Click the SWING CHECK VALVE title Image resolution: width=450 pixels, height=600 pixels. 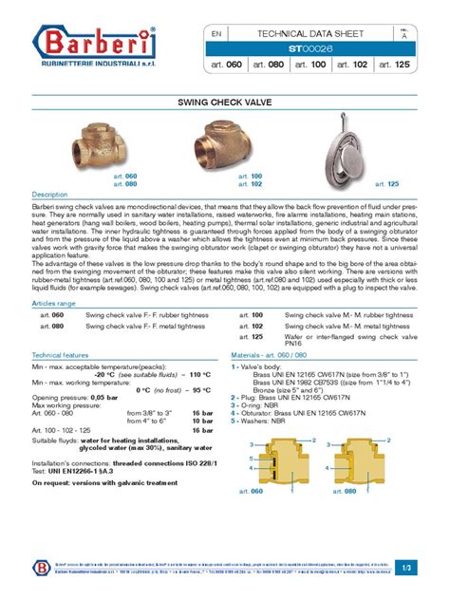point(225,100)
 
